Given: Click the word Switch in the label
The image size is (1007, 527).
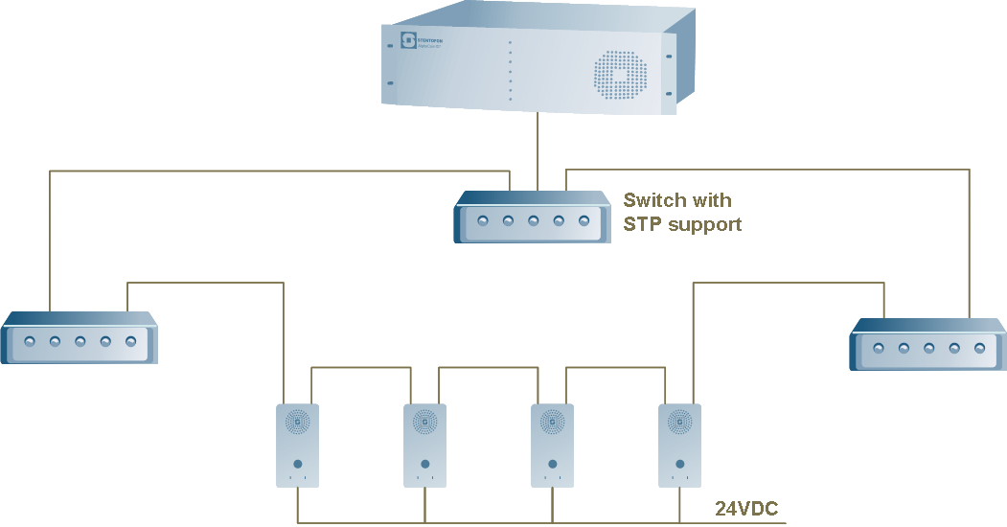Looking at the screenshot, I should pos(654,200).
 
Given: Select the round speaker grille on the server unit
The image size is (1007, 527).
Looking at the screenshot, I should pos(620,75).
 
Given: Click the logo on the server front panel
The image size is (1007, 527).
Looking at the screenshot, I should pos(408,40).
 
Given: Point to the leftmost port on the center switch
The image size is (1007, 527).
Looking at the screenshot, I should pos(483,221).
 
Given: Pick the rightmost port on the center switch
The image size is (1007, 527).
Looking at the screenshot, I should pos(584,221).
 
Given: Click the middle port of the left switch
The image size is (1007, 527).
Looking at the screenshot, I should pos(80,341).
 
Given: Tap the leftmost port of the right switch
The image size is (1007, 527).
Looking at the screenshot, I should pos(879,348).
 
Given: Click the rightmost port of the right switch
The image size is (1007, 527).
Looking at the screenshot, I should pos(979,348).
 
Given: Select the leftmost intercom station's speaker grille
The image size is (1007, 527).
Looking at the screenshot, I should pos(297,421).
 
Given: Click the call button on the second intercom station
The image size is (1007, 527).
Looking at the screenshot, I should pos(424,465).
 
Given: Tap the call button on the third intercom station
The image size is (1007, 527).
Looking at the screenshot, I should pos(552,465).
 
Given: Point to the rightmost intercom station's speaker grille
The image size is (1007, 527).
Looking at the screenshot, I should pos(679,421).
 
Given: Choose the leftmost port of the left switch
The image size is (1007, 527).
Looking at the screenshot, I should pos(30,341).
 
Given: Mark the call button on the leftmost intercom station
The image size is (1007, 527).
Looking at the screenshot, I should pos(297,465).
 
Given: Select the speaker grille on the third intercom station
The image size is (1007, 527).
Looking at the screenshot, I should pos(552,421).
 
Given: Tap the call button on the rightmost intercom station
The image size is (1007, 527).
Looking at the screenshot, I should pos(679,465).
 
